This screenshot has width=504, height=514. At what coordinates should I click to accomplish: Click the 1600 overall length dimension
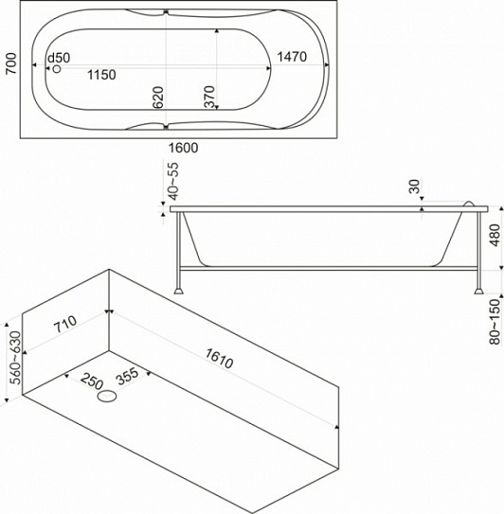pyautogui.click(x=184, y=148)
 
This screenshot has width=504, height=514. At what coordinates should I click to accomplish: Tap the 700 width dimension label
pyautogui.click(x=11, y=63)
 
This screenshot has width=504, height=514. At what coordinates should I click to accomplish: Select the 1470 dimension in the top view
pyautogui.click(x=292, y=57)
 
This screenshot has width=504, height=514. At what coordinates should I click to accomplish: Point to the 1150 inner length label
pyautogui.click(x=101, y=75)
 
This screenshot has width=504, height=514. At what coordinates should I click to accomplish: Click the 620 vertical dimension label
pyautogui.click(x=158, y=97)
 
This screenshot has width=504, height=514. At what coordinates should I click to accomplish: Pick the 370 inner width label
pyautogui.click(x=209, y=97)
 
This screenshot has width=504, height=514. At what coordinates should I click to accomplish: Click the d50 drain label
pyautogui.click(x=59, y=58)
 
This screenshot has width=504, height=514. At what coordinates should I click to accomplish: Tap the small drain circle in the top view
pyautogui.click(x=57, y=69)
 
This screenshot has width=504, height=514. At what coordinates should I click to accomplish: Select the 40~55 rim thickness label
pyautogui.click(x=173, y=182)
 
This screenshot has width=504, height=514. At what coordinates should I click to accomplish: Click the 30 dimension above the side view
pyautogui.click(x=415, y=186)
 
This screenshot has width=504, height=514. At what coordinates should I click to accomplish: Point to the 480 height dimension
pyautogui.click(x=495, y=235)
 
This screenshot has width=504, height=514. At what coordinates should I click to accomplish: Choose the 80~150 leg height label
pyautogui.click(x=495, y=322)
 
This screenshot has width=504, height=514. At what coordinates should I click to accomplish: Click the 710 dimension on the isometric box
pyautogui.click(x=65, y=324)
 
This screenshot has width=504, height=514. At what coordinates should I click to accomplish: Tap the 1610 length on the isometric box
pyautogui.click(x=219, y=359)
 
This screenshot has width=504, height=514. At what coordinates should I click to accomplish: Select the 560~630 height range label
pyautogui.click(x=15, y=358)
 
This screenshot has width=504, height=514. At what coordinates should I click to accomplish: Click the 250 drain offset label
pyautogui.click(x=92, y=381)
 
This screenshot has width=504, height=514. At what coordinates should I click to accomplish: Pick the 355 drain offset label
pyautogui.click(x=128, y=377)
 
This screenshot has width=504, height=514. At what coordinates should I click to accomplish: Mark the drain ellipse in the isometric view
pyautogui.click(x=107, y=397)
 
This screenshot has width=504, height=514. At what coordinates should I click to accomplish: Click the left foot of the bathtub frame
pyautogui.click(x=178, y=291)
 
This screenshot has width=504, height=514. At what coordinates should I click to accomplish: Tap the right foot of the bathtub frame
pyautogui.click(x=478, y=291)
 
